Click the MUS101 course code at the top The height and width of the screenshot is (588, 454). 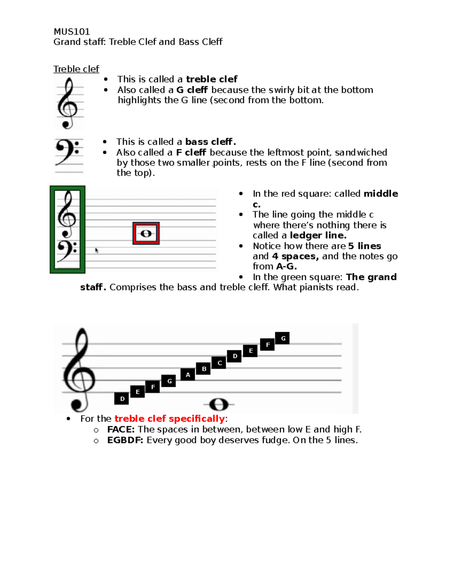coord(72,31)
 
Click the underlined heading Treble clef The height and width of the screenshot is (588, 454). coord(76,69)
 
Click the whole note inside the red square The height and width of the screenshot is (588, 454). coord(146,234)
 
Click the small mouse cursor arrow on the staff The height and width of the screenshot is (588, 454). coord(96,250)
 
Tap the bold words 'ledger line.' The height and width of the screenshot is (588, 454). coord(318,236)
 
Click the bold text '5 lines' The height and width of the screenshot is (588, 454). coord(364,246)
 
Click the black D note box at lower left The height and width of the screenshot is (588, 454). coord(122,399)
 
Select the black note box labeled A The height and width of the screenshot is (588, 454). coord(188,375)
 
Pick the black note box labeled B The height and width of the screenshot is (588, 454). coord(204,369)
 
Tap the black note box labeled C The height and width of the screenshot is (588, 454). coord(219,363)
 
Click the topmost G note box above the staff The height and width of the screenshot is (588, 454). coord(283,338)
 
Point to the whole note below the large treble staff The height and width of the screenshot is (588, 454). coord(219,404)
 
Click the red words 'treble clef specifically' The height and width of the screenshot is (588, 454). coord(169,419)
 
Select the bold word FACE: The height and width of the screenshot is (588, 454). coord(121,429)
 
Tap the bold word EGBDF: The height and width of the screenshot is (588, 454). coord(125,440)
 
